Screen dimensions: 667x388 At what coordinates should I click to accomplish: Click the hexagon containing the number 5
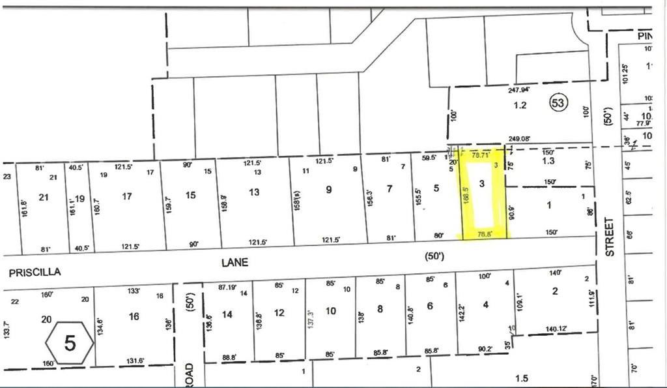pyautogui.click(x=70, y=342)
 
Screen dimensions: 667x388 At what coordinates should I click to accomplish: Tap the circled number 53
pyautogui.click(x=558, y=102)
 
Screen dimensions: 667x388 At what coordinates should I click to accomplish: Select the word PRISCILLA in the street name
pyautogui.click(x=35, y=273)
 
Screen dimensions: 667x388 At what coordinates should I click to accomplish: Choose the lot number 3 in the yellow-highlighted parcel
pyautogui.click(x=482, y=185)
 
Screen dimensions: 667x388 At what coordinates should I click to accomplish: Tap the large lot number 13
pyautogui.click(x=254, y=192)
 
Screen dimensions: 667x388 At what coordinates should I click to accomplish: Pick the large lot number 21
pyautogui.click(x=44, y=197)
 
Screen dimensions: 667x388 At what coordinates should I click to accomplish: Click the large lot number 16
pyautogui.click(x=134, y=317)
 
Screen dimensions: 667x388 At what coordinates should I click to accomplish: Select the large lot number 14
pyautogui.click(x=227, y=314)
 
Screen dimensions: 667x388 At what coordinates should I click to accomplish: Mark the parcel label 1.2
pyautogui.click(x=519, y=104)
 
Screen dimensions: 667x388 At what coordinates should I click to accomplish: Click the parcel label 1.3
pyautogui.click(x=548, y=160)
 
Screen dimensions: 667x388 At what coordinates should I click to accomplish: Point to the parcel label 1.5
pyautogui.click(x=520, y=378)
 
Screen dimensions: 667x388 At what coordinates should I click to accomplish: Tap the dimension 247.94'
pyautogui.click(x=519, y=91)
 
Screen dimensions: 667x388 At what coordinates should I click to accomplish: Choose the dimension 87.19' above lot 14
pyautogui.click(x=226, y=286)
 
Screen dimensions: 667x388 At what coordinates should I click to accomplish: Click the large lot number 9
pyautogui.click(x=328, y=190)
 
